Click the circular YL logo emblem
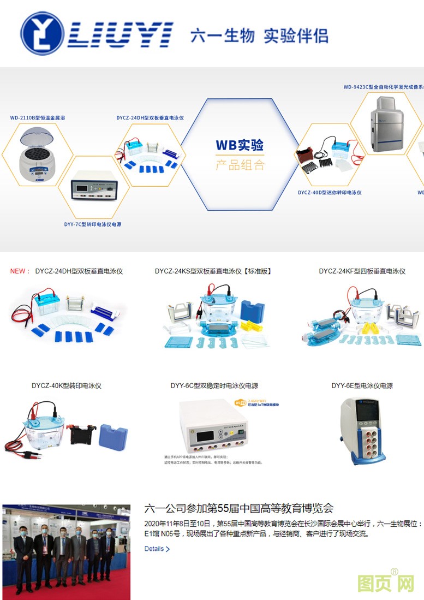coord(41,33)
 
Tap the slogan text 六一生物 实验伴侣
coord(259,36)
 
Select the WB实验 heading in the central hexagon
coord(240,145)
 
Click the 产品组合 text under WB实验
coord(240,164)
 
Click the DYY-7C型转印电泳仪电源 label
coord(93,224)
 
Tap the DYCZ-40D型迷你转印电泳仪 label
coord(330,193)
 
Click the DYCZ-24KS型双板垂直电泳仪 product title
coord(213,271)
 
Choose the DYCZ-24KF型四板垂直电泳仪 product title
coord(362,271)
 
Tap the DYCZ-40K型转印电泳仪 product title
coord(67,386)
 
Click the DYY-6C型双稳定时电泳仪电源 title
coord(214,386)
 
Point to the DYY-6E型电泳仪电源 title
coord(362,386)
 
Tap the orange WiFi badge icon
coord(240,403)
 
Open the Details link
coord(157,549)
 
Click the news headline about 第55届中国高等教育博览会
coord(238,509)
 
